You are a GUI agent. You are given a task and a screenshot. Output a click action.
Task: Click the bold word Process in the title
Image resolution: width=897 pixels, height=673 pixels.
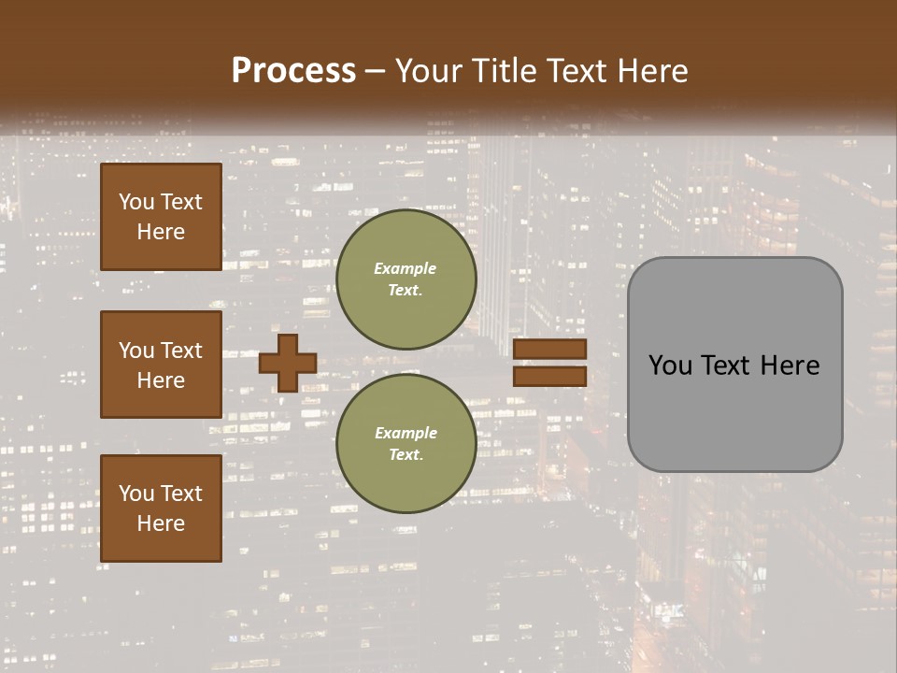point(293,71)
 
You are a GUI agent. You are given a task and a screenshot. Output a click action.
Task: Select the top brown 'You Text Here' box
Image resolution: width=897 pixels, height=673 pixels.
point(161,217)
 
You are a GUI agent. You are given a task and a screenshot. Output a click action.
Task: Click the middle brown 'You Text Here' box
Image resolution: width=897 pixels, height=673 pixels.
point(161,365)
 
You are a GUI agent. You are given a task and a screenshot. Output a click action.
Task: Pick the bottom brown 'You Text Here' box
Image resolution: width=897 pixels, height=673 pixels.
point(161,508)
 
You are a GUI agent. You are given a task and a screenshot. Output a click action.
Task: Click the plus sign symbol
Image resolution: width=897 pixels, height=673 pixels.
point(288,363)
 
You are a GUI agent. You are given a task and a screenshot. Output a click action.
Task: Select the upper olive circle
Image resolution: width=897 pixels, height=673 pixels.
point(406,279)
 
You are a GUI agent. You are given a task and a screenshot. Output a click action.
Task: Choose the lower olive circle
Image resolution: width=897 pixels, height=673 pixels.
point(406,444)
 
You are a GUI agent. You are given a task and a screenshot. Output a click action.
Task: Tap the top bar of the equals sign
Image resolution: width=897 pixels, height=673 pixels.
point(549,350)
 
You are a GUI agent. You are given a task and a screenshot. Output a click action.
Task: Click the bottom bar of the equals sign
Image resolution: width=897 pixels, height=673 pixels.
point(549,376)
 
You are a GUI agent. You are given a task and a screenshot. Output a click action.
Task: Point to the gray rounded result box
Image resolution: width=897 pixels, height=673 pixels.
point(734,365)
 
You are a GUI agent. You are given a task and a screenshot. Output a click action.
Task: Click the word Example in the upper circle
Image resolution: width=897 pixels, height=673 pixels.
point(406,269)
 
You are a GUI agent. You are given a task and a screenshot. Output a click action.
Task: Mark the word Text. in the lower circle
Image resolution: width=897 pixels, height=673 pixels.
point(406,455)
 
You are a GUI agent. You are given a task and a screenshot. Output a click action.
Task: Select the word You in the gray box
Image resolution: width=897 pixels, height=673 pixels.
point(671,365)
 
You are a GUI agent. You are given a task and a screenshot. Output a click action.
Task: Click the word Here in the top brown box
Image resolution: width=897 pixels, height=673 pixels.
point(161,232)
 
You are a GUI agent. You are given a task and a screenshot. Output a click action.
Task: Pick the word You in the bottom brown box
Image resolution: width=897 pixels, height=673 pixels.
point(136,494)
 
